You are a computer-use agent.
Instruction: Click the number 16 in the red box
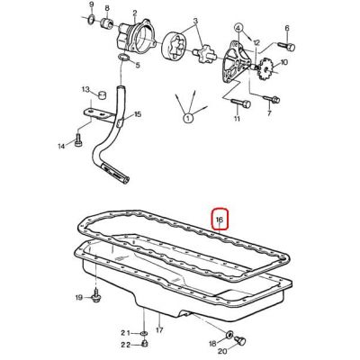(x=220, y=220)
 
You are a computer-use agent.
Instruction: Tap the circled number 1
(x=188, y=118)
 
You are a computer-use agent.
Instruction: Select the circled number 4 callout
(x=238, y=29)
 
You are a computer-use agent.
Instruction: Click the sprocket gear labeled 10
(x=265, y=68)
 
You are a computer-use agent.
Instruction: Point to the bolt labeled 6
(x=287, y=46)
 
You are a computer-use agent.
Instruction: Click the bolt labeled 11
(x=241, y=103)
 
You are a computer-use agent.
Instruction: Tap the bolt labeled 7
(x=272, y=98)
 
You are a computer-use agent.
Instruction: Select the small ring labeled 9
(x=92, y=19)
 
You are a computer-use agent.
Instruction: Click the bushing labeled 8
(x=106, y=23)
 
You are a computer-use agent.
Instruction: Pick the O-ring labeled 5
(x=123, y=58)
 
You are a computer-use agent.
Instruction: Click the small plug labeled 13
(x=103, y=94)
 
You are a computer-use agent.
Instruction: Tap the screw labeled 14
(x=78, y=140)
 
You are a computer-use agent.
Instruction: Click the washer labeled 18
(x=229, y=334)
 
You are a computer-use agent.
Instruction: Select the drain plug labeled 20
(x=240, y=340)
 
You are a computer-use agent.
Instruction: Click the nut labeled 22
(x=144, y=344)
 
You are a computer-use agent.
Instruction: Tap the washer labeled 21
(x=144, y=333)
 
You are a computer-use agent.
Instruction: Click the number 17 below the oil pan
(x=159, y=330)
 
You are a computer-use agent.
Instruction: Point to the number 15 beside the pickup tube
(x=138, y=114)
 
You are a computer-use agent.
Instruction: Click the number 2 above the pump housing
(x=135, y=13)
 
